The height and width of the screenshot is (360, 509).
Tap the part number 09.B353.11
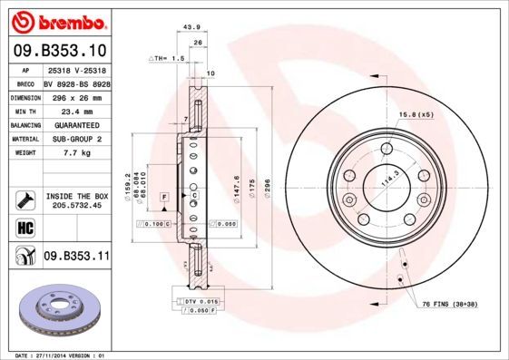[x=76, y=257]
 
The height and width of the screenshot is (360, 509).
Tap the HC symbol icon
[x=24, y=226]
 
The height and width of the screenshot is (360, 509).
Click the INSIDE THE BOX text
[x=76, y=196]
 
